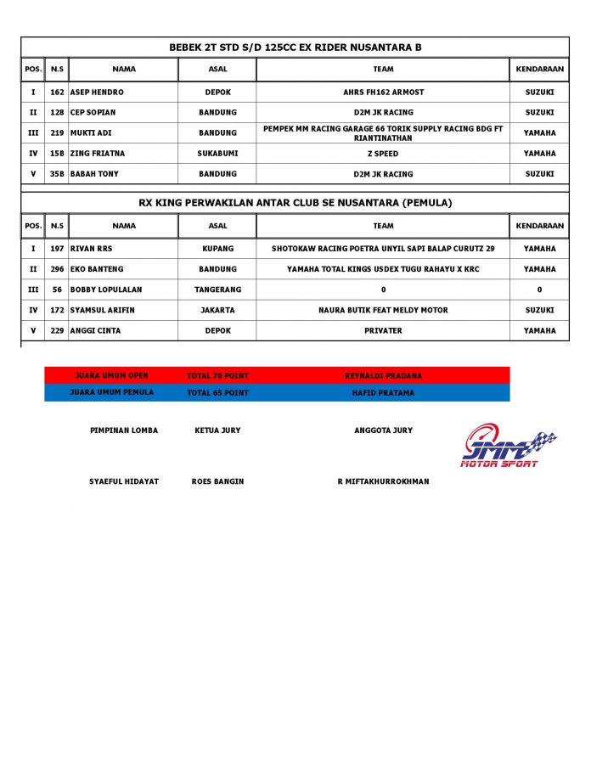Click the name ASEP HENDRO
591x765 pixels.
(97, 92)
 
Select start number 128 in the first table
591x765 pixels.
(57, 112)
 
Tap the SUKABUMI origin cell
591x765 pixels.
(217, 154)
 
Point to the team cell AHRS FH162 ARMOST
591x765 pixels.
(383, 92)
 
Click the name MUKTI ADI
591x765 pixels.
(91, 133)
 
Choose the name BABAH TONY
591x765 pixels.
(94, 174)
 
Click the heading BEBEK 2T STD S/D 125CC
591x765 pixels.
(295, 48)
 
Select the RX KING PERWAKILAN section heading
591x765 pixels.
(295, 203)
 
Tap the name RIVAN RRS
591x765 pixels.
(91, 249)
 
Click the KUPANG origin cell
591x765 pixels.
(217, 249)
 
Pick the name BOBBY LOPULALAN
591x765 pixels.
(106, 290)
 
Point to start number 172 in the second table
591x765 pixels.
(57, 310)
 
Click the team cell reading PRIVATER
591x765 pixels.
(383, 330)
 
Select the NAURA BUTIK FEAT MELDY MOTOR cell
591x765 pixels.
(383, 310)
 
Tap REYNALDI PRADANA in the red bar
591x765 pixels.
(383, 375)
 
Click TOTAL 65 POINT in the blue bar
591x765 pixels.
(217, 393)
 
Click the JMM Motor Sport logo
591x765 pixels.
(507, 446)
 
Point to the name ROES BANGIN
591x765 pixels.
(217, 481)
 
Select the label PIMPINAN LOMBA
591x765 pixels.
(124, 430)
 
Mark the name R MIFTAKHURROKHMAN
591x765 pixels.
(383, 481)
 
